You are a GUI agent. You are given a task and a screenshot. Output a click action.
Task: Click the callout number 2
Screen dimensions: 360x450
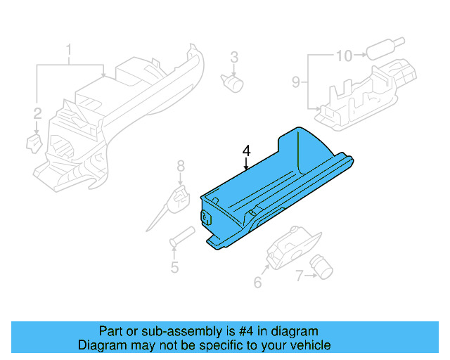37,112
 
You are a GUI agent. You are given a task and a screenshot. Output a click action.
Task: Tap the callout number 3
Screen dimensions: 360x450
234,57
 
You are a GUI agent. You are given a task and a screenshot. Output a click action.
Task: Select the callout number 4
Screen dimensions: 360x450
246,150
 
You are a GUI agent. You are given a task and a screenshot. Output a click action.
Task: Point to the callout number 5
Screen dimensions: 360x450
174,267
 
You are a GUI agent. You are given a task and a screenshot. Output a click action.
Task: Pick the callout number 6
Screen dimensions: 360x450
257,283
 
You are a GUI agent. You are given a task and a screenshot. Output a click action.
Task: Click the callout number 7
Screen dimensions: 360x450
299,277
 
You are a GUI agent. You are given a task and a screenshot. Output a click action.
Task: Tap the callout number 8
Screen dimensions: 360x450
180,166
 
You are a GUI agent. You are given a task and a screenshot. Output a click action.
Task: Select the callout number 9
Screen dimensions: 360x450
296,82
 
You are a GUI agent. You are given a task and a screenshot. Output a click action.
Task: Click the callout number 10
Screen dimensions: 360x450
345,55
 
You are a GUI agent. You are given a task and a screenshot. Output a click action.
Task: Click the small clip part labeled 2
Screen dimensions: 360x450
33,143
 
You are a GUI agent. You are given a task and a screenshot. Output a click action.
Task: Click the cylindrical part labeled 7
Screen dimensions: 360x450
324,266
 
